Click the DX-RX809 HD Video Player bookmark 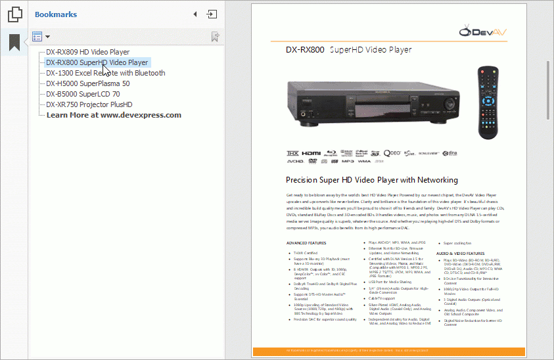click(87, 52)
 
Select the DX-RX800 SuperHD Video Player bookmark click(97, 62)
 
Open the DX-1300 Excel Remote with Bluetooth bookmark click(105, 73)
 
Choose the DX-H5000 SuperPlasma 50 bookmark click(87, 83)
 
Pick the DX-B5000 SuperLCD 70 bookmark click(83, 94)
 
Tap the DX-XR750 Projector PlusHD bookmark click(89, 104)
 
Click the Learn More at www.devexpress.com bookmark click(114, 115)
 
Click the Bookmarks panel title click(56, 14)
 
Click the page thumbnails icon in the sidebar click(14, 14)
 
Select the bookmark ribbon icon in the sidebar click(14, 43)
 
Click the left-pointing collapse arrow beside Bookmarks click(195, 14)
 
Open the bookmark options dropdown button click(41, 37)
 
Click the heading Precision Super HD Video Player click(372, 180)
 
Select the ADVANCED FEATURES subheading click(306, 243)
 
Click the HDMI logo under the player click(312, 152)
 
